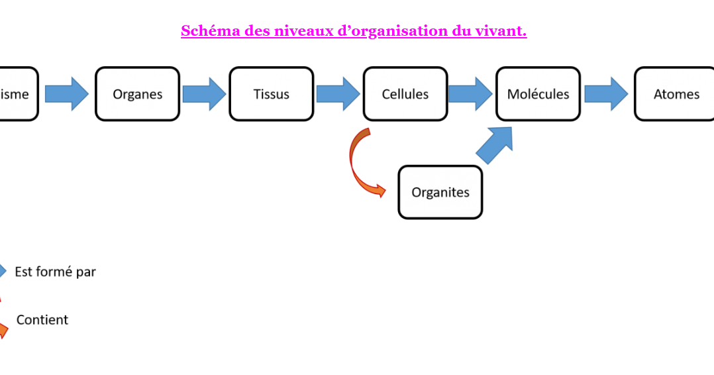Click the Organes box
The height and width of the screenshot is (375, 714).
coord(137,94)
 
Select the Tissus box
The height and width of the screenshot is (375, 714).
coord(271,94)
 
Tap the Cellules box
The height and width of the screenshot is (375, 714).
coord(405,94)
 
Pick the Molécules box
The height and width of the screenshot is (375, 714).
coord(538,94)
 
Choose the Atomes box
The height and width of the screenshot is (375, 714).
coord(676,94)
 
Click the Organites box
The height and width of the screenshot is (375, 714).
coord(440,192)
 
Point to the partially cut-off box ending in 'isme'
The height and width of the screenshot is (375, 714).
coord(17,94)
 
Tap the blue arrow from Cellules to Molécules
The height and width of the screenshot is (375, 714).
coord(470,94)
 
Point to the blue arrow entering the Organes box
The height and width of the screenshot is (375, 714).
coord(66,94)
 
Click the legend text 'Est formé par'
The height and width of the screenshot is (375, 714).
coord(55,272)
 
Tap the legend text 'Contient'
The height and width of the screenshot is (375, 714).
coord(42,320)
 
